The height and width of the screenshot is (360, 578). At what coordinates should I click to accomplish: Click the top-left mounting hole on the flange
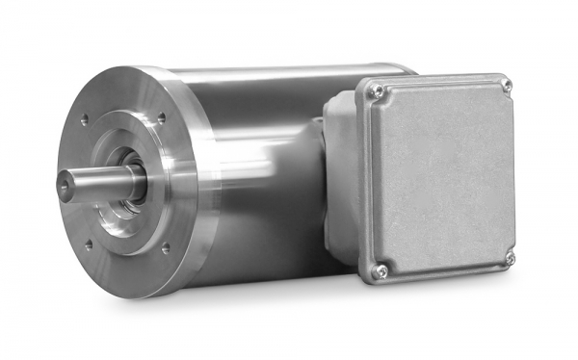85,120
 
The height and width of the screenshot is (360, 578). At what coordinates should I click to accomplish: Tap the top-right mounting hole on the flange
161,117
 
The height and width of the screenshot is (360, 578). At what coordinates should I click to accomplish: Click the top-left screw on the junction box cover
379,91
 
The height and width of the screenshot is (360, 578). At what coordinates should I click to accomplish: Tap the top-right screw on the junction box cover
506,85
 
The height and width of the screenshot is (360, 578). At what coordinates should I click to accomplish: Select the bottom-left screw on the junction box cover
381,270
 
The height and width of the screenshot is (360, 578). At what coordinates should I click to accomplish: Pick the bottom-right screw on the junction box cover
510,258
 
